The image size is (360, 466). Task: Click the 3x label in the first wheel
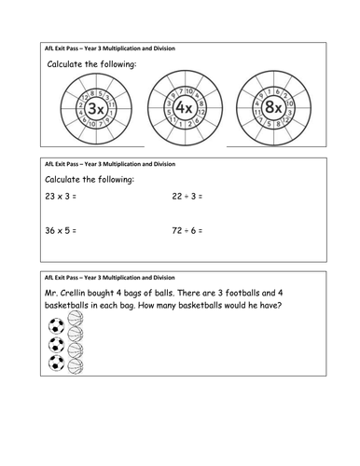[96, 108]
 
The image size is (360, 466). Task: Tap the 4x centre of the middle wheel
[184, 107]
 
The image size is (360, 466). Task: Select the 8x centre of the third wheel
[273, 107]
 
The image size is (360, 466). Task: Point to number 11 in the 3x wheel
[111, 104]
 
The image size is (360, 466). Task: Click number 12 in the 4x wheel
[201, 112]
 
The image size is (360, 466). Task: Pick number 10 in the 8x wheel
[289, 103]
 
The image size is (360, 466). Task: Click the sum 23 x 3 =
[61, 197]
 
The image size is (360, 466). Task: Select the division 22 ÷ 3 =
[187, 197]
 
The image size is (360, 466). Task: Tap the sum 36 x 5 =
[61, 230]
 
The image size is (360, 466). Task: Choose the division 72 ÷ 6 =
[187, 230]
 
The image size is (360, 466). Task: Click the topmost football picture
[56, 326]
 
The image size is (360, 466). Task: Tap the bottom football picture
[56, 363]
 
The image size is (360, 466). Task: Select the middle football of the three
[56, 345]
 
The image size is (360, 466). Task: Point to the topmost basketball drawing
[76, 319]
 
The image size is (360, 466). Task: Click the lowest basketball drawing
[76, 366]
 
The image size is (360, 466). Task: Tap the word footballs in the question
[242, 293]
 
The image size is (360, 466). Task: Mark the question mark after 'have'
[279, 306]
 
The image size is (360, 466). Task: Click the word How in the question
[145, 306]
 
